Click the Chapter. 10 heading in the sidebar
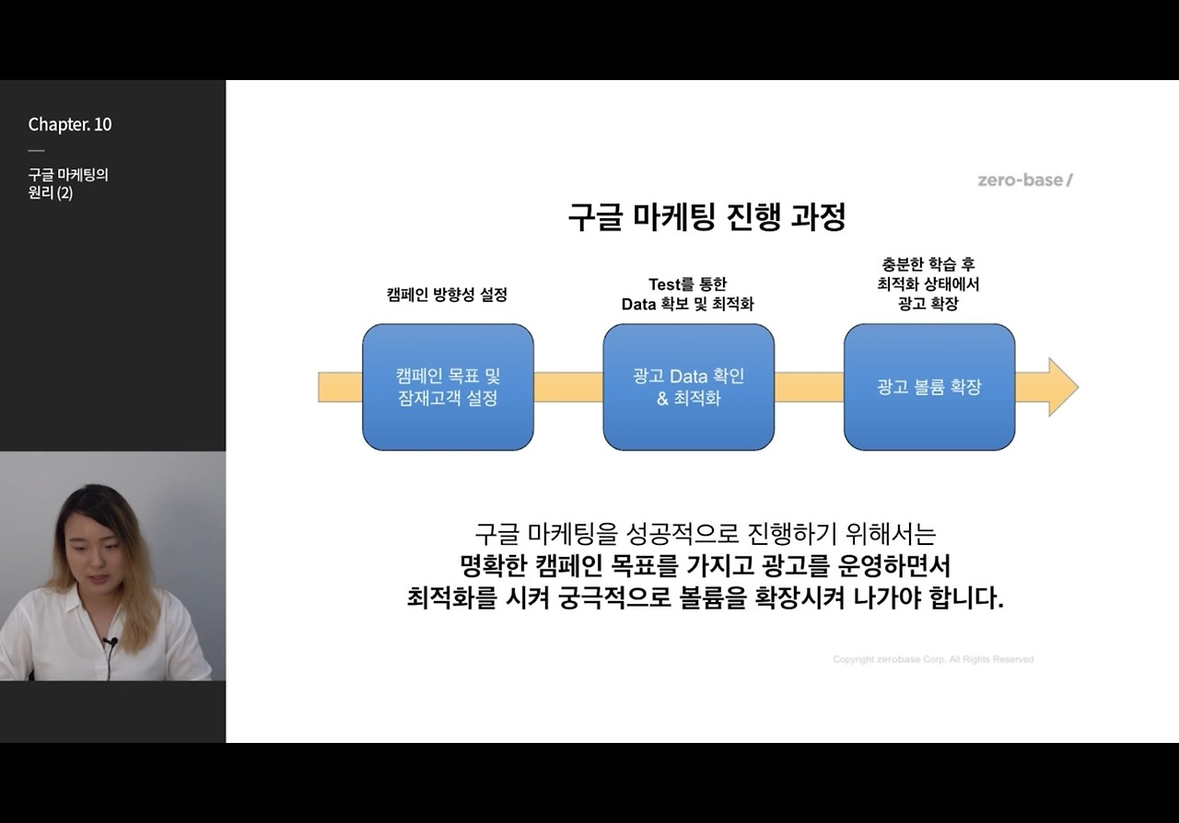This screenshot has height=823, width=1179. (x=70, y=124)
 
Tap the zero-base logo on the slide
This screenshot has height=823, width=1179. (x=1025, y=180)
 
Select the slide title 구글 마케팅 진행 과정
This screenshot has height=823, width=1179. (x=706, y=218)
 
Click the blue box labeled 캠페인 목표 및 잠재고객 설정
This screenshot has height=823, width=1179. (x=448, y=387)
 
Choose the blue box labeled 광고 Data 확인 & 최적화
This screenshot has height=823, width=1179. (x=688, y=387)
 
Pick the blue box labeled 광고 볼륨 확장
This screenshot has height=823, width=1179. (x=928, y=387)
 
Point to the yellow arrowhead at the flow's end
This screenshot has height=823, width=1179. (x=1062, y=387)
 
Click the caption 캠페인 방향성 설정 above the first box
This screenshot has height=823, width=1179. (x=447, y=295)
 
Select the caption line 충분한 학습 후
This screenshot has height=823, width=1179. (x=928, y=264)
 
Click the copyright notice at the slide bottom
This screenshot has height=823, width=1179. (x=933, y=659)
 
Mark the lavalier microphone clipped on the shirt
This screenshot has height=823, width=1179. (x=111, y=642)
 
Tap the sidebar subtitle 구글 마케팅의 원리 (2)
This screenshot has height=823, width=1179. (x=68, y=183)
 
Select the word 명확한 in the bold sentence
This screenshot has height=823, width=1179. (x=493, y=564)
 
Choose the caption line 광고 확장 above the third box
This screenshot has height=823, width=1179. (x=928, y=304)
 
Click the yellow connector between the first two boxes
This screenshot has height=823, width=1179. (x=568, y=387)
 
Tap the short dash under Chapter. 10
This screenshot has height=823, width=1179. (x=36, y=150)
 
